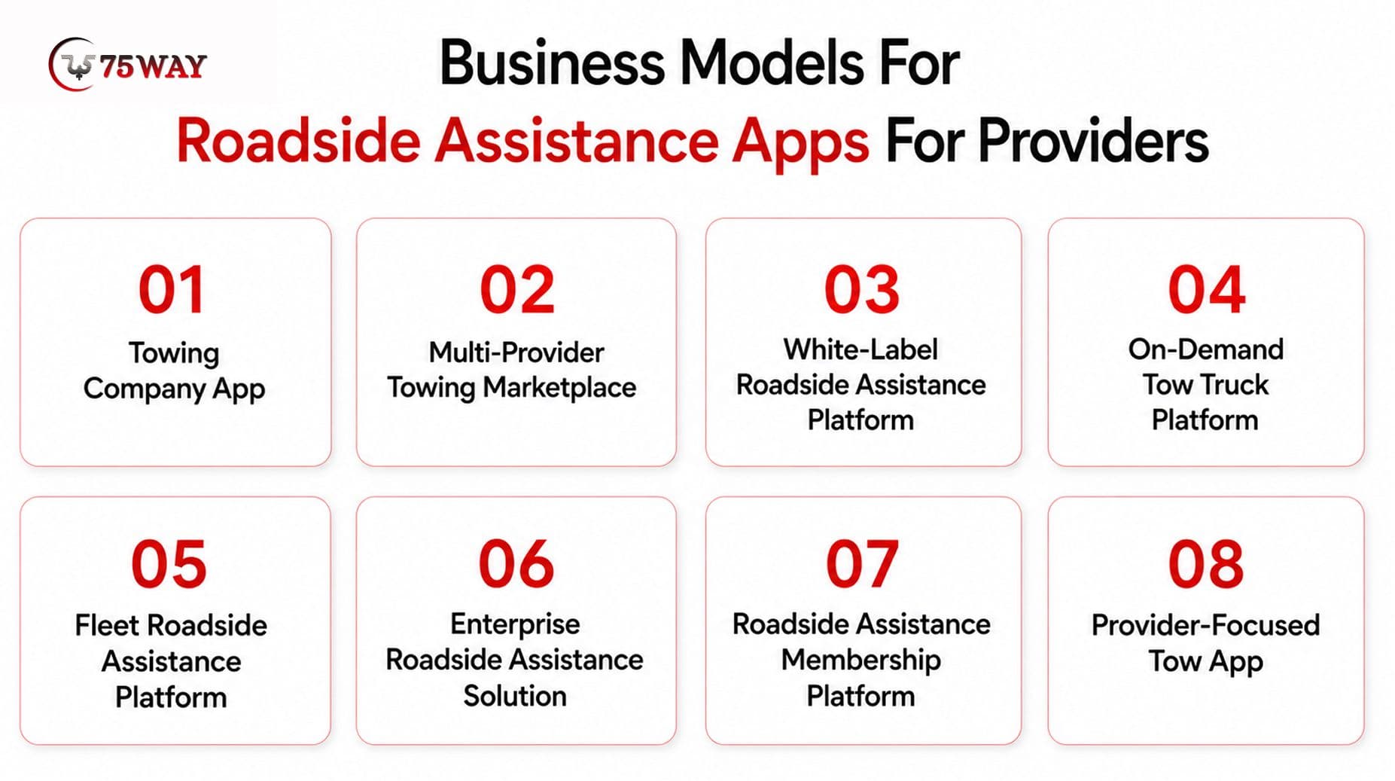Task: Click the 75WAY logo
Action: point(127,65)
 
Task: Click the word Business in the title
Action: point(552,63)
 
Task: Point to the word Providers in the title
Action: point(1092,142)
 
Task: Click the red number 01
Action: point(172,290)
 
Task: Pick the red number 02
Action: point(517,290)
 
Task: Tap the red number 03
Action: point(862,290)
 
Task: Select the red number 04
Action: point(1206,290)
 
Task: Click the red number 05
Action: point(169,564)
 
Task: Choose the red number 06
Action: point(516,564)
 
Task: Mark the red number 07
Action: point(862,564)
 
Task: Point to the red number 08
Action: point(1206,564)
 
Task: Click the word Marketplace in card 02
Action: point(559,389)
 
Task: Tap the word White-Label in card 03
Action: point(860,349)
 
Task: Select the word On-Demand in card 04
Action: point(1205,349)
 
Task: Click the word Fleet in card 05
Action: point(107,626)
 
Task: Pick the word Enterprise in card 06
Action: point(515,625)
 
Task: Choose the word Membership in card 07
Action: point(860,660)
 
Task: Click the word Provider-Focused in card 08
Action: point(1205,625)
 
